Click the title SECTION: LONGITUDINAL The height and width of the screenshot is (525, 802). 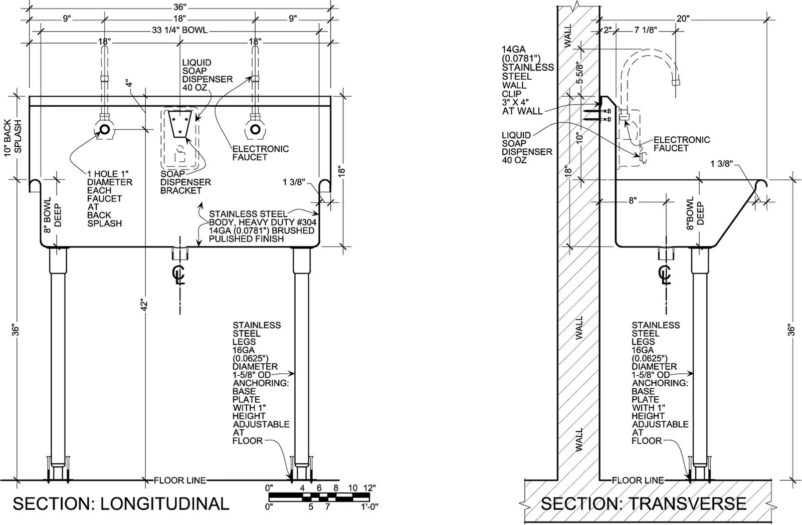click(x=121, y=503)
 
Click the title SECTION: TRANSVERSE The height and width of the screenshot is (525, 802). click(x=644, y=503)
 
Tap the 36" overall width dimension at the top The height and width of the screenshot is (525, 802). click(x=180, y=7)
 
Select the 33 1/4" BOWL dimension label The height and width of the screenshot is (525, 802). click(x=180, y=31)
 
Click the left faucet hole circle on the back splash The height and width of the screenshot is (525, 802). click(x=105, y=129)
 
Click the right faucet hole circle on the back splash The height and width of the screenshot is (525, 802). click(x=255, y=129)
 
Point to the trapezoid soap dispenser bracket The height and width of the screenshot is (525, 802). click(x=180, y=123)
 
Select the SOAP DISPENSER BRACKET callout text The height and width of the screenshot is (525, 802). click(x=185, y=182)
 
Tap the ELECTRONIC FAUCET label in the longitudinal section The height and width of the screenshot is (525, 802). click(x=260, y=153)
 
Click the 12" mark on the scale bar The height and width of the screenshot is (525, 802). click(x=369, y=488)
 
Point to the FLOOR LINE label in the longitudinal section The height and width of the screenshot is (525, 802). click(x=180, y=480)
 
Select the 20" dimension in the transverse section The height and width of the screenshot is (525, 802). click(x=683, y=19)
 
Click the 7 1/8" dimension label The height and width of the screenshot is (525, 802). click(x=646, y=30)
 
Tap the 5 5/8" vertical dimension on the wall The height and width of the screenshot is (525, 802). click(x=579, y=73)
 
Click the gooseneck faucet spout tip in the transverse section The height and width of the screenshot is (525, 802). click(x=676, y=82)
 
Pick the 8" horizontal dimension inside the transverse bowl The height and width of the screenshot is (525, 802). click(x=633, y=200)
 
